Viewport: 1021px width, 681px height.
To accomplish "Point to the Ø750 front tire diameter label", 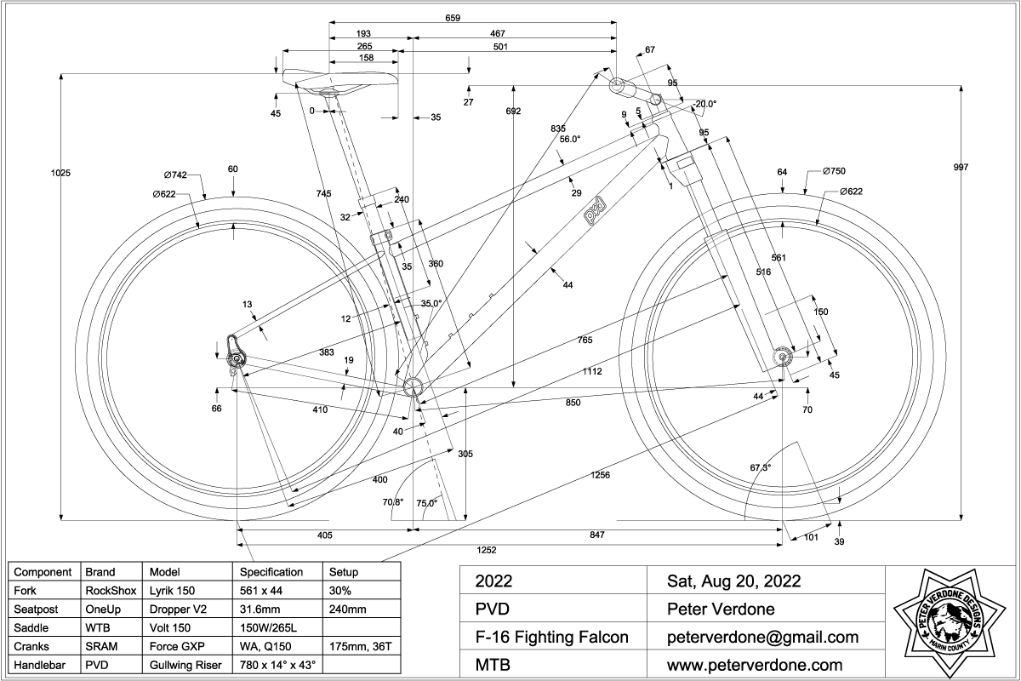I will (x=834, y=172).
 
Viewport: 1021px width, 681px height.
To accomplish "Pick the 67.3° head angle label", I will (x=760, y=468).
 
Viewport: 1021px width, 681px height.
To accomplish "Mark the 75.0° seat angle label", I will (x=426, y=503).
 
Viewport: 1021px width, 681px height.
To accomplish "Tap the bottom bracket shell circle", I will (x=414, y=386).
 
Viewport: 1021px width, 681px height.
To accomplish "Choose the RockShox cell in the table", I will (x=106, y=589).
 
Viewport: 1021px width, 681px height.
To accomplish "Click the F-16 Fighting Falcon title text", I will (x=551, y=637).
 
